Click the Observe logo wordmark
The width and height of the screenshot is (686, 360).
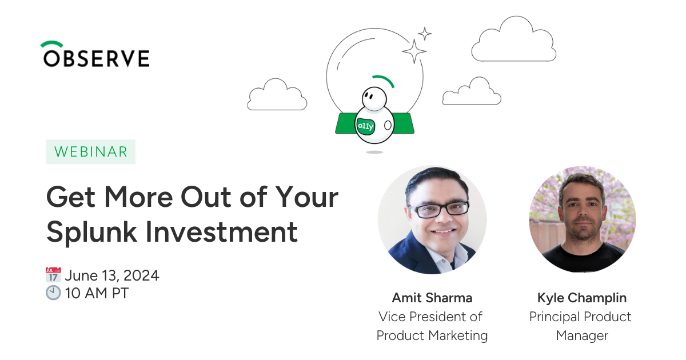click(x=95, y=54)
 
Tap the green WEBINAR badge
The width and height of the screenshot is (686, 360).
click(x=91, y=152)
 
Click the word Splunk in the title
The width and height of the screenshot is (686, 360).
click(x=91, y=233)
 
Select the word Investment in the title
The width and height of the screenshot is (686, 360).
click(x=221, y=232)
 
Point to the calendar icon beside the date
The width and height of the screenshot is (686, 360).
click(x=53, y=275)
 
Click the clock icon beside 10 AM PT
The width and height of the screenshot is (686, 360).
click(x=53, y=293)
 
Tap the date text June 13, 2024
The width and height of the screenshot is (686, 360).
click(x=112, y=275)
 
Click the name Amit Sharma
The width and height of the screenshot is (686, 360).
click(x=432, y=298)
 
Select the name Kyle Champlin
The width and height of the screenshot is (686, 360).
click(x=582, y=298)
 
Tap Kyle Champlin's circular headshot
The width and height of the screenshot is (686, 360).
click(x=582, y=219)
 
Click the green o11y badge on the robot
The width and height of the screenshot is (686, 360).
click(x=366, y=126)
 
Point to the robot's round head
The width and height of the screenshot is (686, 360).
click(x=374, y=98)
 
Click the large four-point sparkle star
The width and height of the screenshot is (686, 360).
click(x=414, y=51)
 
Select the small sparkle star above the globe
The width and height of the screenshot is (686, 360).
click(x=425, y=34)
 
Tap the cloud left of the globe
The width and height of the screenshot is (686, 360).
click(x=277, y=94)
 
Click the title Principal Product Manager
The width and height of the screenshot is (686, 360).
click(x=580, y=326)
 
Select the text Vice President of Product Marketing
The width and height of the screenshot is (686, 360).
click(x=432, y=326)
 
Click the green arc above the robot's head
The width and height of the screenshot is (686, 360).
click(x=384, y=79)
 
